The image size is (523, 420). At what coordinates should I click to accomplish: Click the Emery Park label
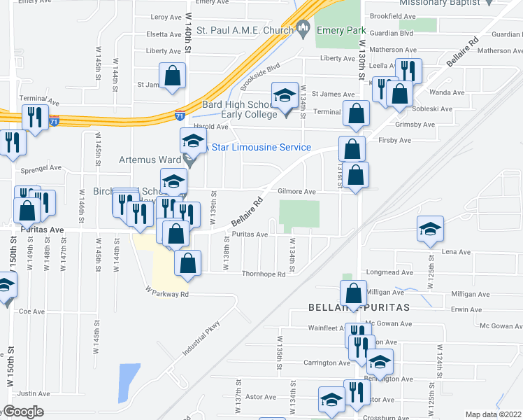tap(336, 30)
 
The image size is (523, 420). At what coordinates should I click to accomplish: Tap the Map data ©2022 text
tap(494, 414)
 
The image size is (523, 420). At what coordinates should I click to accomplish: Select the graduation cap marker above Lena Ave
tap(430, 228)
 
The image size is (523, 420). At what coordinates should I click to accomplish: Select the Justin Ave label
tap(34, 393)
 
